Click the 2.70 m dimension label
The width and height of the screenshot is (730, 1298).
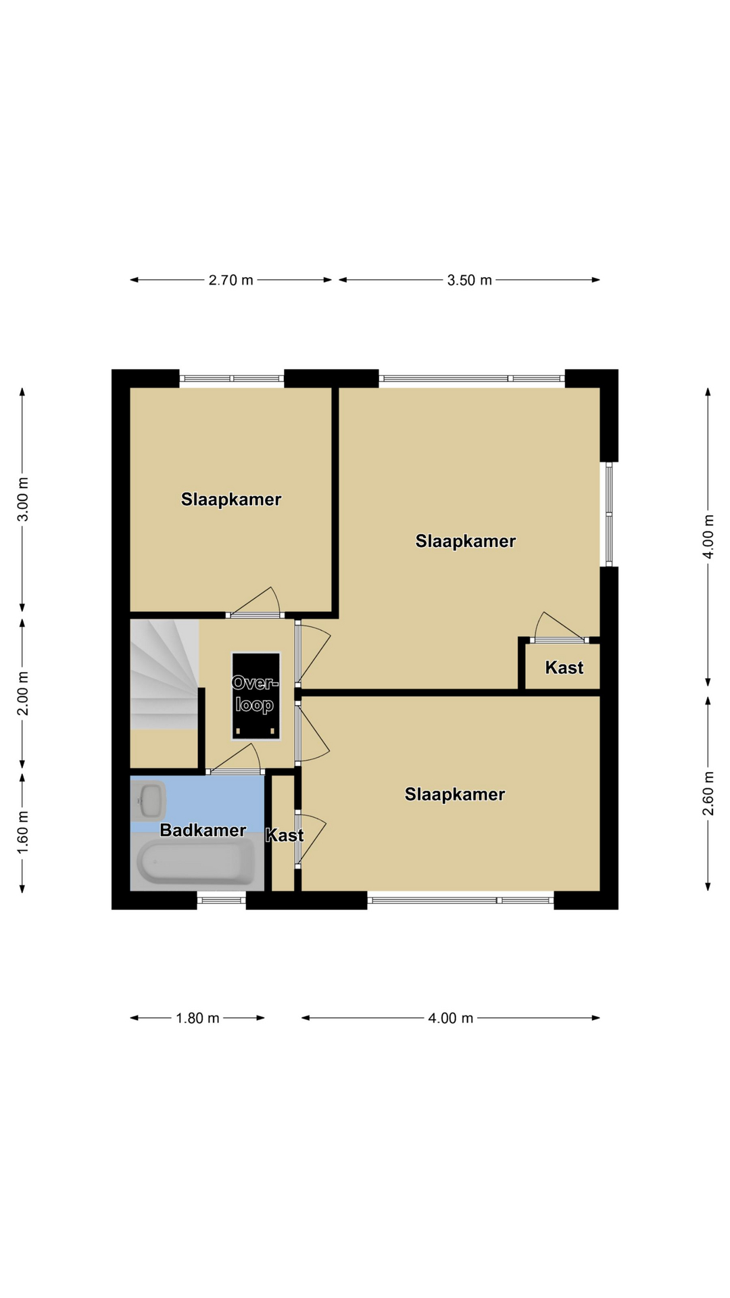(x=230, y=280)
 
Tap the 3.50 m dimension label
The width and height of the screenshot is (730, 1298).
(x=469, y=280)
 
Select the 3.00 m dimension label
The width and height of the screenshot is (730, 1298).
(x=23, y=499)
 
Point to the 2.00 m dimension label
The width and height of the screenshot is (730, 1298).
(x=23, y=694)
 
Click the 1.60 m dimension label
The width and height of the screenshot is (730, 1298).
(x=23, y=832)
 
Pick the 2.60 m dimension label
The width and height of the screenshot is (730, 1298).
(x=708, y=793)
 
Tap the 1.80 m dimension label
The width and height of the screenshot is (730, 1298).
(x=197, y=1018)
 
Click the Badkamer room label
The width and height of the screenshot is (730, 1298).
(x=203, y=830)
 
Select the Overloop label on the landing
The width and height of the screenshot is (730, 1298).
(x=255, y=694)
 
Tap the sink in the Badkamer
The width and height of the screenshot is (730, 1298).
(x=149, y=801)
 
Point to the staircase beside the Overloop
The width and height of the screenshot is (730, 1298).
(x=164, y=674)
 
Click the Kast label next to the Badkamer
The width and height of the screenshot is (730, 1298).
(x=285, y=836)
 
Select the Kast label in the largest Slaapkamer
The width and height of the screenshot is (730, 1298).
(x=564, y=668)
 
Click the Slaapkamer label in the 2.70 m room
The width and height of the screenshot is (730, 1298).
(x=231, y=500)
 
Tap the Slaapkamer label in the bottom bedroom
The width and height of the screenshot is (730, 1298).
(x=455, y=794)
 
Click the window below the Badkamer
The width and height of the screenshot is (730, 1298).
(x=222, y=900)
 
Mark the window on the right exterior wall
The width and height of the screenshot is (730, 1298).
(x=609, y=514)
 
